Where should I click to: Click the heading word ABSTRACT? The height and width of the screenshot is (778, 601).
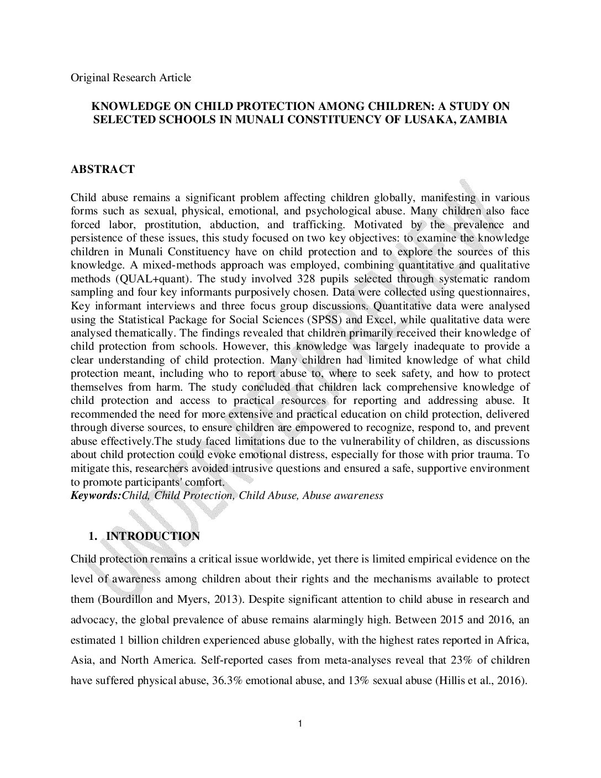[x=102, y=170]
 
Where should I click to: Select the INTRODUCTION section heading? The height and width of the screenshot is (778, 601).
[x=152, y=537]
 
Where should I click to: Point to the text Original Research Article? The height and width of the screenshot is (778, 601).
[x=131, y=77]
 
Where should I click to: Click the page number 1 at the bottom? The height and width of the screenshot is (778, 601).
[x=299, y=724]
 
